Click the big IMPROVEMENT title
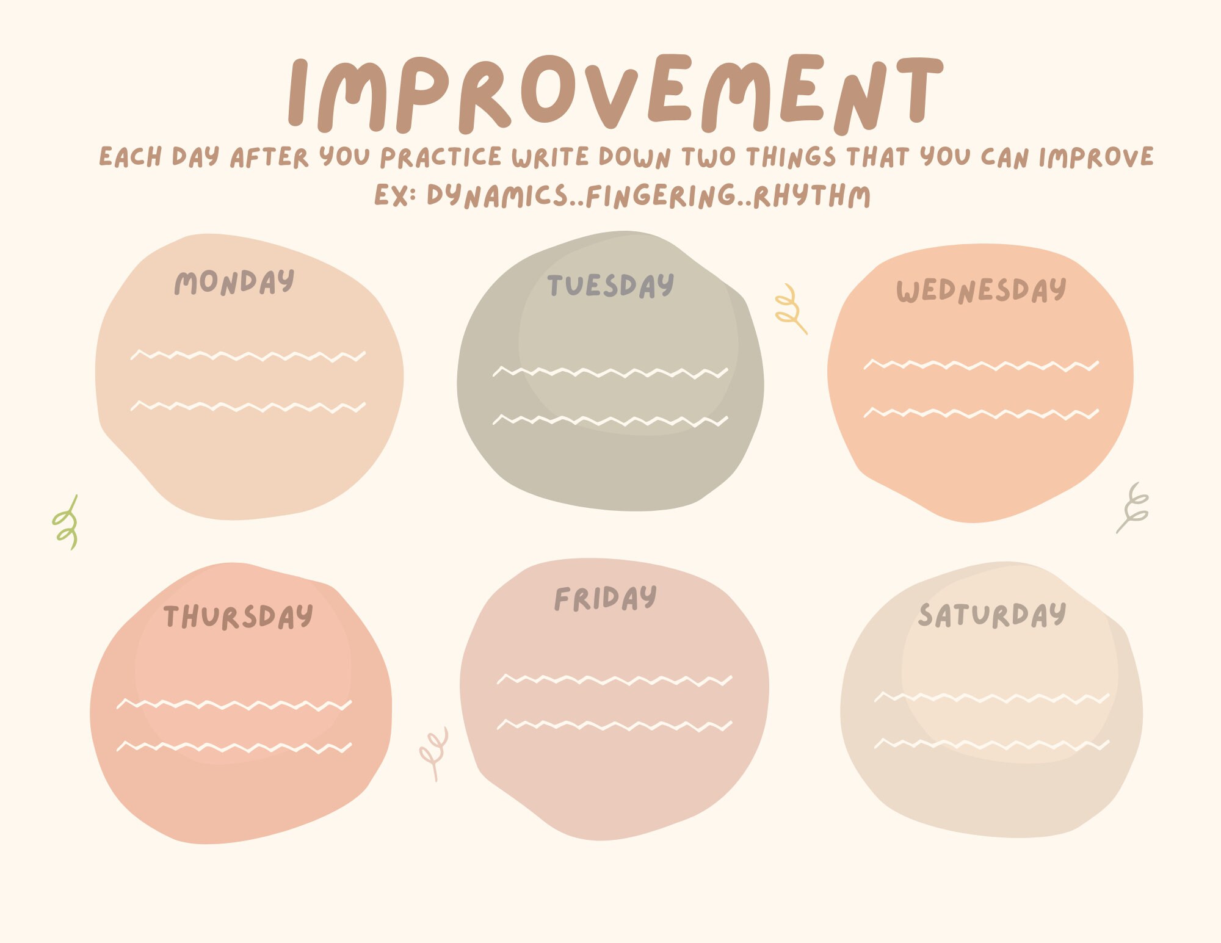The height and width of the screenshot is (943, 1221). coord(615,93)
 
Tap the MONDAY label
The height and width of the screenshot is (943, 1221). coord(234,282)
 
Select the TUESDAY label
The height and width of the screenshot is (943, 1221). coord(610,286)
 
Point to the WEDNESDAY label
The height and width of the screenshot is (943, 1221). coord(981,291)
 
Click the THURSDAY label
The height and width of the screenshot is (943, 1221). coord(238,616)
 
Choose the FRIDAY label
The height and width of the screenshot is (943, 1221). coord(606,598)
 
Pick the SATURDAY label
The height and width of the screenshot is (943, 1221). coord(992,615)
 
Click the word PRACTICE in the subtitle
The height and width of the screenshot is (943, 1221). coord(441,157)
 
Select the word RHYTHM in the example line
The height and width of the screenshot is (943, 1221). coord(812,196)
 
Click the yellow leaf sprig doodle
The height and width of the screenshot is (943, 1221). coord(791,309)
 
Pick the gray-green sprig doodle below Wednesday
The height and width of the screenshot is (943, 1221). coord(1133,508)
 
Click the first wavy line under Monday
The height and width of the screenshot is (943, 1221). coord(248,355)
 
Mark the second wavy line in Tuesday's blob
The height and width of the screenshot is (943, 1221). coord(610,420)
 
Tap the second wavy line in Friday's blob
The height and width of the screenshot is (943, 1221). coord(614,725)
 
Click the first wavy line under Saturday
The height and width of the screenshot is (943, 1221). coord(992,697)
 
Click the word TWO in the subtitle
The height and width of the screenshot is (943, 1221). coord(708,157)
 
